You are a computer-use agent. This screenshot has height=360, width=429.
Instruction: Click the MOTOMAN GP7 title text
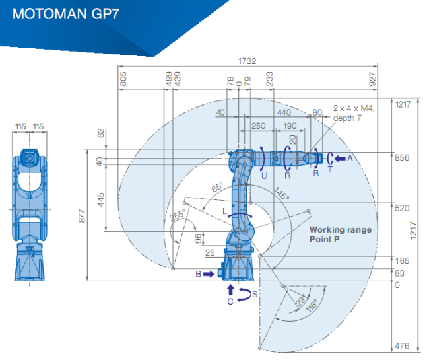(x=65, y=14)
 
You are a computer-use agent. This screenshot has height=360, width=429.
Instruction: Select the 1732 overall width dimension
(x=247, y=61)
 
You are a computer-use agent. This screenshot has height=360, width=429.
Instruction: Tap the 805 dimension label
(x=123, y=79)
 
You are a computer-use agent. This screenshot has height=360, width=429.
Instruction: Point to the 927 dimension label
(x=372, y=79)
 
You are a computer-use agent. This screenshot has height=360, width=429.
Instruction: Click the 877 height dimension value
(x=82, y=216)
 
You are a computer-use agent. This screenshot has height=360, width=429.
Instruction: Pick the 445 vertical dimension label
(x=100, y=199)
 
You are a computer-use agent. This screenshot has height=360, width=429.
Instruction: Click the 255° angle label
(x=178, y=215)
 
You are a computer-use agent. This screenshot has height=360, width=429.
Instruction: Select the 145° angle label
(x=282, y=193)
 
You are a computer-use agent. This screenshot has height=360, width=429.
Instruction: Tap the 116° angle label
(x=312, y=305)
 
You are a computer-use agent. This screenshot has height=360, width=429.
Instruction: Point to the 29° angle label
(x=301, y=300)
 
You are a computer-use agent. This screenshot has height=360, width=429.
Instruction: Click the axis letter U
(x=264, y=176)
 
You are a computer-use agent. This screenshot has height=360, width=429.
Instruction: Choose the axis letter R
(x=287, y=176)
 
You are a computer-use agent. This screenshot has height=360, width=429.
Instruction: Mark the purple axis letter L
(x=225, y=211)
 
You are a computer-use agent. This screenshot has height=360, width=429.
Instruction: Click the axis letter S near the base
(x=255, y=295)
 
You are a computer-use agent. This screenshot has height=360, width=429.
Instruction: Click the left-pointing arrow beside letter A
(x=339, y=159)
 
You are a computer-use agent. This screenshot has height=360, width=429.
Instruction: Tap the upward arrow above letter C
(x=231, y=289)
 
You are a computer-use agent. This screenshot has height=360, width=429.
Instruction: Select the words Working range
(x=341, y=229)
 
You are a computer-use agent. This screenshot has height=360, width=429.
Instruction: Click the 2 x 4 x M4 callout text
(x=353, y=108)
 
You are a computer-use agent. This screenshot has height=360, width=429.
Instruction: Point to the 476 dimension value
(x=402, y=346)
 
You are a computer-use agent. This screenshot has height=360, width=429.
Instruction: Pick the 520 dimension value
(x=402, y=208)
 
